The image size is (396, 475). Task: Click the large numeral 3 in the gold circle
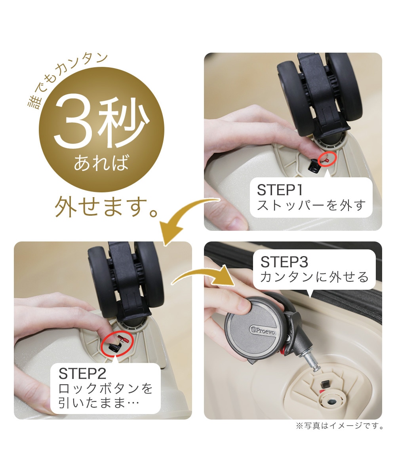click(72, 121)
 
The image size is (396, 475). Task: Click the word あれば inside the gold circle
click(101, 162)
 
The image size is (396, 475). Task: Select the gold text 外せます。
click(106, 207)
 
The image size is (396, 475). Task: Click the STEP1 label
click(280, 190)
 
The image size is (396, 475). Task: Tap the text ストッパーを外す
click(311, 205)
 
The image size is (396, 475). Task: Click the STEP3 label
click(284, 262)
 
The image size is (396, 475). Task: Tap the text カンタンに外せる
click(314, 277)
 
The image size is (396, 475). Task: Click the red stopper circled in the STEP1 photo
click(327, 160)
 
